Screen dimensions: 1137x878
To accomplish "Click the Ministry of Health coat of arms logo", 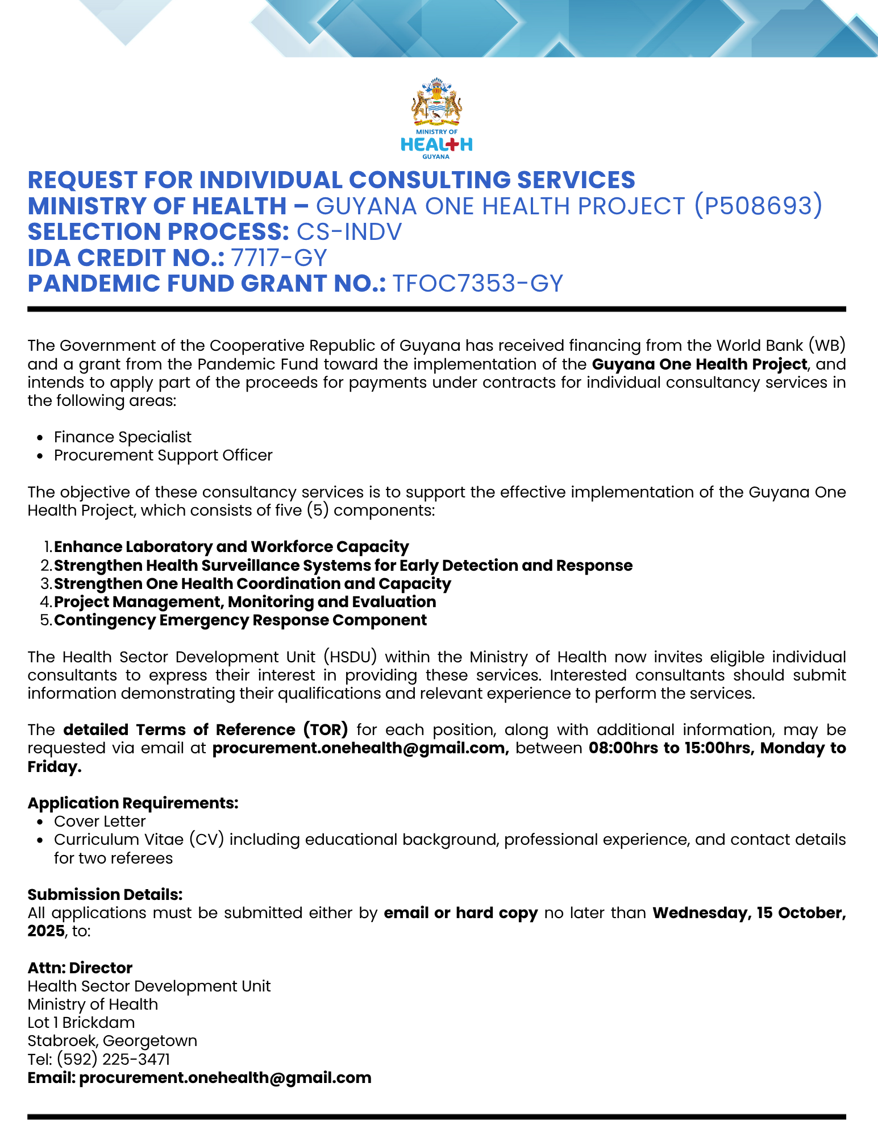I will click(x=436, y=102).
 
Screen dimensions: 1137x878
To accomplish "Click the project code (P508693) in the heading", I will click(x=758, y=206).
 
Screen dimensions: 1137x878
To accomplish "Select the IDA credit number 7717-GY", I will click(x=279, y=258).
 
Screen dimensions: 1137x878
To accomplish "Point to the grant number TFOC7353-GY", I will click(x=478, y=284).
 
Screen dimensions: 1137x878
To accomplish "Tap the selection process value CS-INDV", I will click(x=349, y=232).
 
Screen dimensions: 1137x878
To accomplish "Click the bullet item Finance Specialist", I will click(x=123, y=437).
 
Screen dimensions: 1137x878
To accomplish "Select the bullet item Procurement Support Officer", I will click(x=163, y=455).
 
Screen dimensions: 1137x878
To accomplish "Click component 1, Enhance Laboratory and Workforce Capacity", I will click(x=231, y=547).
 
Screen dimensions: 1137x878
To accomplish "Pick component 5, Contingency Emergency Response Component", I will click(x=240, y=620).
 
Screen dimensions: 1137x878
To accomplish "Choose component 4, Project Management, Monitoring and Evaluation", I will click(x=245, y=602).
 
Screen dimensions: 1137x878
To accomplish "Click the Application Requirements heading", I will click(x=133, y=803).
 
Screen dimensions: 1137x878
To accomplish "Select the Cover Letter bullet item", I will click(x=100, y=821).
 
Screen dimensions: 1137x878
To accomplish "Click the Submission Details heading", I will click(x=105, y=895).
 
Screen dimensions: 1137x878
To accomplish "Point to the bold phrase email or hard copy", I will click(x=461, y=913).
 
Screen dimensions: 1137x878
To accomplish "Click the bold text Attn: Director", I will click(x=80, y=968).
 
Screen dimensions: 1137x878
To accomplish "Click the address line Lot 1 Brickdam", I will click(x=81, y=1023).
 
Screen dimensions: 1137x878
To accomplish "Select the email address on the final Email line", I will click(x=225, y=1078).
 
